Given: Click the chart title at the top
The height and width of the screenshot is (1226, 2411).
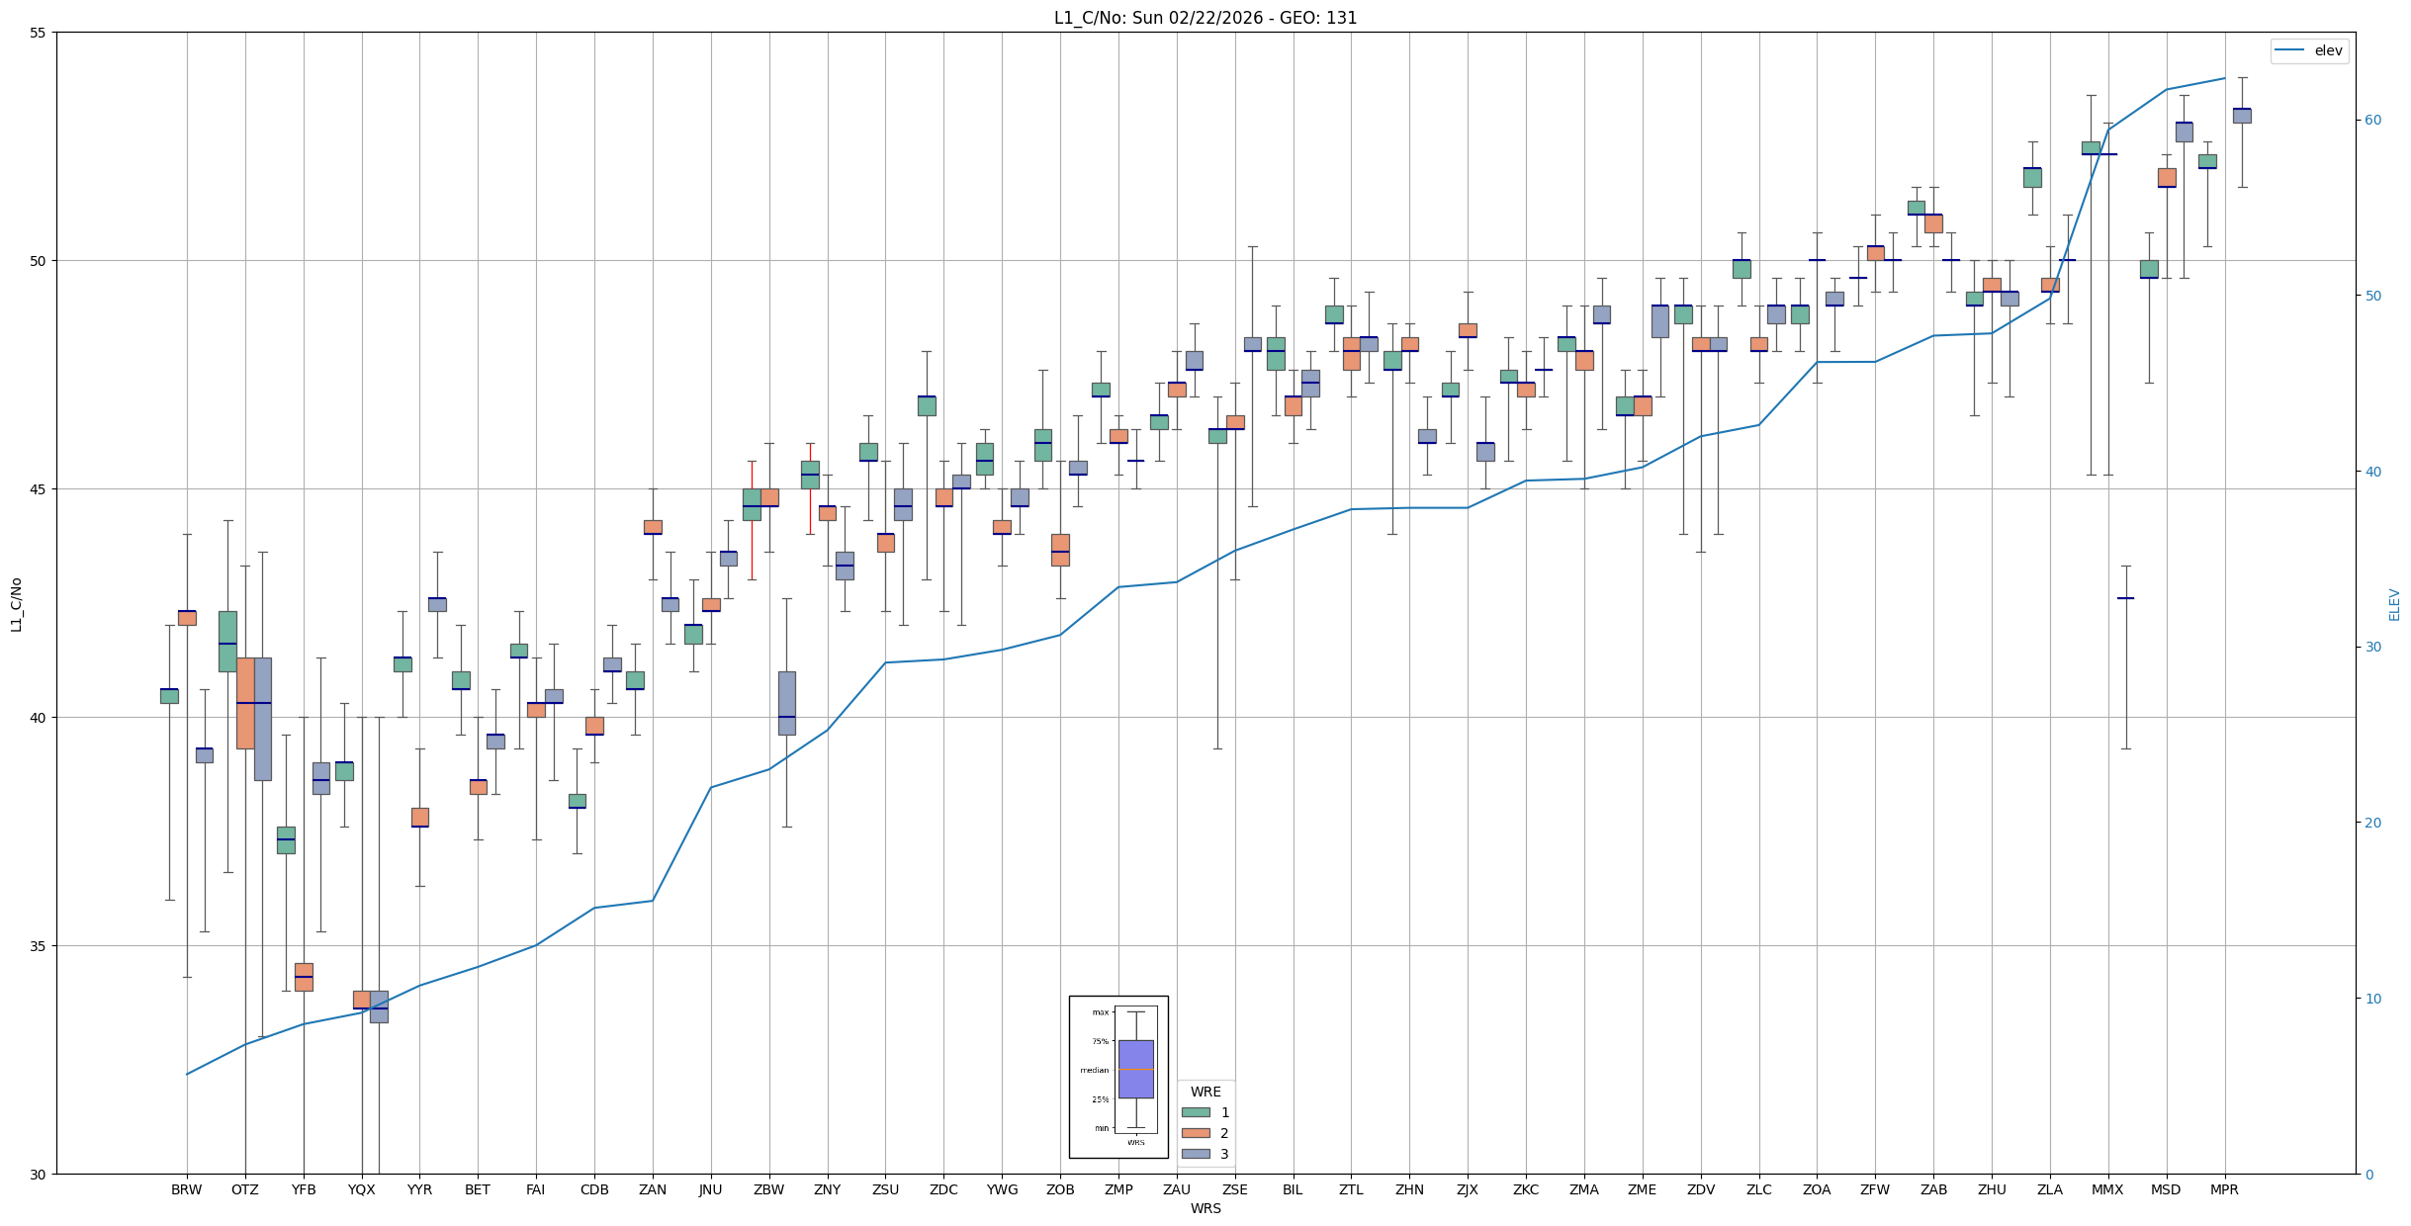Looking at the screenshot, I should click(x=1205, y=18).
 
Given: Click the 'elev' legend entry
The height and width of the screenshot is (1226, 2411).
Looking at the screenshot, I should click(x=2327, y=50).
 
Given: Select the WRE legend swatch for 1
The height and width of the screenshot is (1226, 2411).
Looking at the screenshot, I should click(x=1196, y=1112).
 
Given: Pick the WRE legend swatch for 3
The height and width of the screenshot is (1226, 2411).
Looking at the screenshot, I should click(x=1196, y=1154).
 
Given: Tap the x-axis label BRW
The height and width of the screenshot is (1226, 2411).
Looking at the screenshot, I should click(x=186, y=1189).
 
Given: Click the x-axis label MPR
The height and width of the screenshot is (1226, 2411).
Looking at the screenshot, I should click(x=2224, y=1189).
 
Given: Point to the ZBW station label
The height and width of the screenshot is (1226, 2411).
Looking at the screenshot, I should click(x=768, y=1189).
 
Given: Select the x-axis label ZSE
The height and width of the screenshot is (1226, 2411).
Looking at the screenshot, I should click(x=1234, y=1189).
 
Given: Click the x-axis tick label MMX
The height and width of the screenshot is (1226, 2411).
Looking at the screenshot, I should click(x=2107, y=1189).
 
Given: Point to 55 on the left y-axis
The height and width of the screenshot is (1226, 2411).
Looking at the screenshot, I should click(x=39, y=33).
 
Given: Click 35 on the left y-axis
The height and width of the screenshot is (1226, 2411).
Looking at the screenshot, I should click(x=39, y=946).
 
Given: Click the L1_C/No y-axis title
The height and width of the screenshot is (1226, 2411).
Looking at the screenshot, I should click(x=16, y=604).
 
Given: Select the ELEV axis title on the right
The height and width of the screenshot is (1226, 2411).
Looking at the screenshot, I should click(x=2394, y=604).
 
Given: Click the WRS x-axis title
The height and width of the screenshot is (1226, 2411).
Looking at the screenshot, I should click(x=1205, y=1208).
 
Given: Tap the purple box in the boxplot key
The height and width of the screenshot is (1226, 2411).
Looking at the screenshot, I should click(x=1135, y=1069).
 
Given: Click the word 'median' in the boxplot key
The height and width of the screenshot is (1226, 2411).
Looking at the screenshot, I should click(x=1094, y=1070).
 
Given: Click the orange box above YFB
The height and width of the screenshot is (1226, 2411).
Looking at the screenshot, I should click(x=304, y=977).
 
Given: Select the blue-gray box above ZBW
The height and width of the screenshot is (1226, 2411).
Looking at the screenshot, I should click(x=786, y=703).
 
